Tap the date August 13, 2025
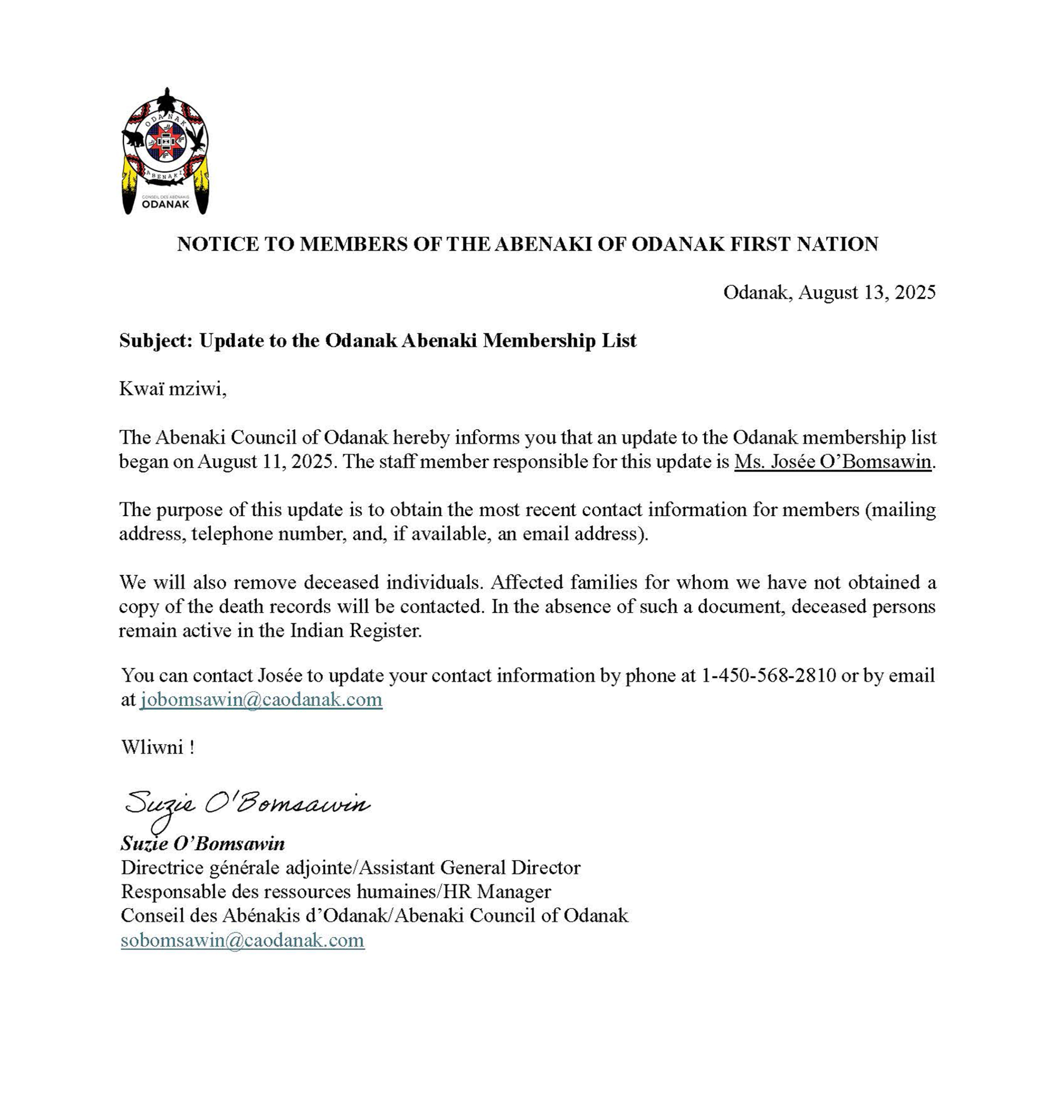coord(867,292)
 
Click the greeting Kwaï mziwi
coord(172,389)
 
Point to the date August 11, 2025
coord(268,461)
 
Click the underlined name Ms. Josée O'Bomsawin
coord(833,461)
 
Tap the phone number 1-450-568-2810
coord(769,675)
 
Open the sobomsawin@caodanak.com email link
coord(242,940)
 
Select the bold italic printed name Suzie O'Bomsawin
coord(203,843)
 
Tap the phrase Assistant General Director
coord(469,867)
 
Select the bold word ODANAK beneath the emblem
coord(165,204)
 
